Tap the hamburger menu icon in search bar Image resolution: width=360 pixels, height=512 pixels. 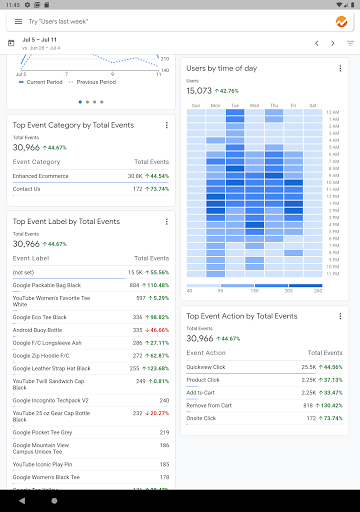click(x=15, y=21)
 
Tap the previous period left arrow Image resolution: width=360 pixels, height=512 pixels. click(x=317, y=43)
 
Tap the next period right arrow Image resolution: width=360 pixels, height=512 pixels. click(x=334, y=43)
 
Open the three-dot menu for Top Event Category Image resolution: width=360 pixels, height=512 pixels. click(x=166, y=125)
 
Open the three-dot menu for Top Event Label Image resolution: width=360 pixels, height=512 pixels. click(x=166, y=221)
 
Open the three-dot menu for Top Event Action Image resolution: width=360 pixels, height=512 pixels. click(x=340, y=316)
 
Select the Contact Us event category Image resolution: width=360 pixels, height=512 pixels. click(x=27, y=188)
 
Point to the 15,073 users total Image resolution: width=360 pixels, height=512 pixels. click(x=199, y=91)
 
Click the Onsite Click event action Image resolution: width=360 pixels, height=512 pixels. click(x=202, y=418)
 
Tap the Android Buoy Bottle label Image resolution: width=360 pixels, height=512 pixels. click(x=37, y=329)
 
